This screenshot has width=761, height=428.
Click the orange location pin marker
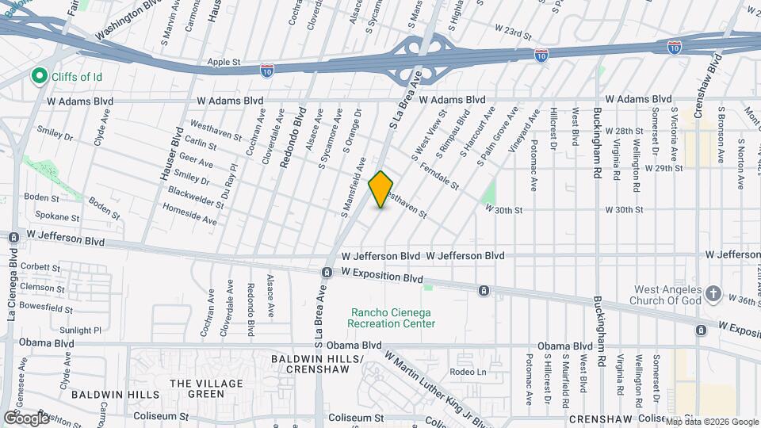(381, 189)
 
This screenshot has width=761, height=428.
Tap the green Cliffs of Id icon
(37, 76)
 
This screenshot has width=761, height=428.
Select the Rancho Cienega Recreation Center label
(392, 317)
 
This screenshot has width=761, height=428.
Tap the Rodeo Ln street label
(466, 373)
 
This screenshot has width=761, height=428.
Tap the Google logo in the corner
(26, 418)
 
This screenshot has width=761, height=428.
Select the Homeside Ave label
(189, 216)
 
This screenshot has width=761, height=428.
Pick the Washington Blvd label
(123, 25)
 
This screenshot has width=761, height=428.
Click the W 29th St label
(663, 169)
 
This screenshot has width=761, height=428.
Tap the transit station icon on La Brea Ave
(327, 273)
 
